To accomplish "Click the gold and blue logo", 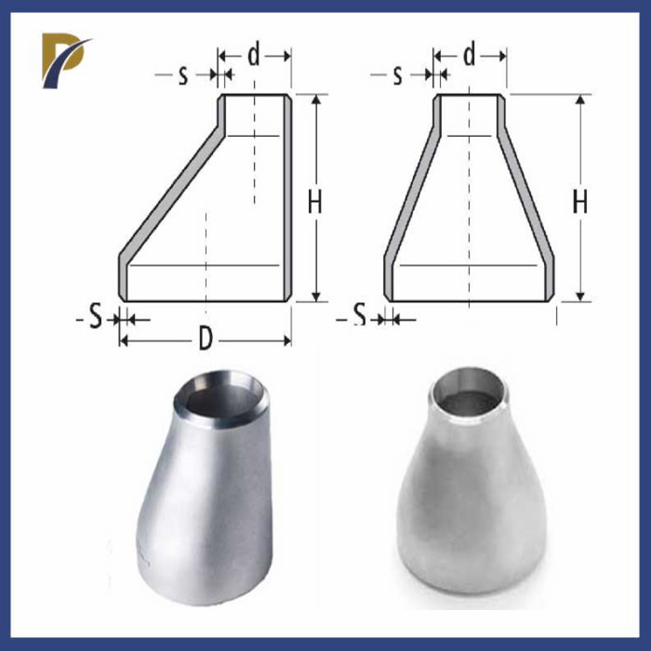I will pyautogui.click(x=64, y=59).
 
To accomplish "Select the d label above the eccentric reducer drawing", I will pyautogui.click(x=254, y=56).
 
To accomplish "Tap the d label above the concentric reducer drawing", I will pyautogui.click(x=470, y=56).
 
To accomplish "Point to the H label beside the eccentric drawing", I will pyautogui.click(x=315, y=202).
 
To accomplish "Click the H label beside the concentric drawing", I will pyautogui.click(x=580, y=202).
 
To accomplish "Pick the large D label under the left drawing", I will pyautogui.click(x=206, y=340).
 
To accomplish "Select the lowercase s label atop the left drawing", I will pyautogui.click(x=183, y=75).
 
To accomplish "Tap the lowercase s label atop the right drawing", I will pyautogui.click(x=398, y=75).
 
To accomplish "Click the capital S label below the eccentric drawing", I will pyautogui.click(x=95, y=319).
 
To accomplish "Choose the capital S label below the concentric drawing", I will pyautogui.click(x=359, y=319).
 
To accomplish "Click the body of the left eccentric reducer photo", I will pyautogui.click(x=200, y=502).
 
